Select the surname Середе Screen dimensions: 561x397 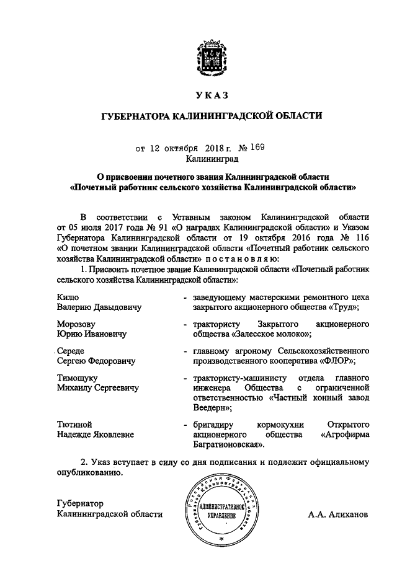coord(69,351)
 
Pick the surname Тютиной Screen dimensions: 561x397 coord(74,425)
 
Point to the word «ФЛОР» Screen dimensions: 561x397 coord(339,361)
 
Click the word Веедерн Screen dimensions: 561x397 coord(212,408)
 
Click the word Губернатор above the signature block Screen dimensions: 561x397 coord(79,503)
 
